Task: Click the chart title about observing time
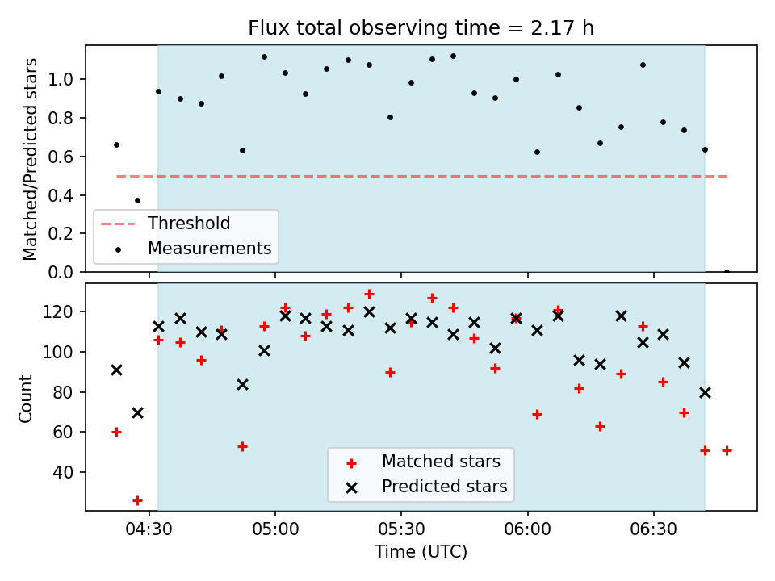pyautogui.click(x=421, y=28)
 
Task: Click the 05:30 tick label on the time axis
pyautogui.click(x=401, y=529)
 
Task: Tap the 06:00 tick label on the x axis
pyautogui.click(x=527, y=529)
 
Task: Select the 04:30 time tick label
pyautogui.click(x=149, y=529)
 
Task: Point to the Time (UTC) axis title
pyautogui.click(x=421, y=551)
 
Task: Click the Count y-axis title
pyautogui.click(x=25, y=399)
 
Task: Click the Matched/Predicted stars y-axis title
pyautogui.click(x=30, y=159)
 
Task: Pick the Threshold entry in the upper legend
pyautogui.click(x=189, y=224)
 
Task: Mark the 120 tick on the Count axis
pyautogui.click(x=59, y=311)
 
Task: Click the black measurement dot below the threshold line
pyautogui.click(x=137, y=201)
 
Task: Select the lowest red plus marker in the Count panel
pyautogui.click(x=137, y=501)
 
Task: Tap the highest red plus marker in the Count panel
pyautogui.click(x=369, y=295)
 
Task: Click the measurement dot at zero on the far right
pyautogui.click(x=727, y=271)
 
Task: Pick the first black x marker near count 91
pyautogui.click(x=116, y=370)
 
